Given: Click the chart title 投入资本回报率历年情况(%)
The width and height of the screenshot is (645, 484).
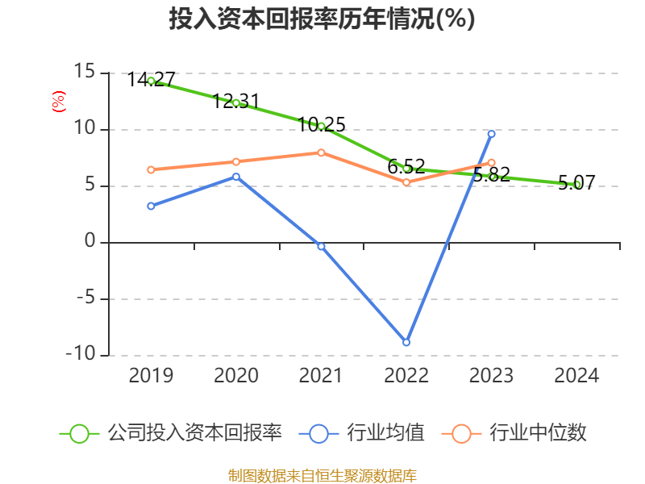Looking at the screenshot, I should pyautogui.click(x=322, y=19).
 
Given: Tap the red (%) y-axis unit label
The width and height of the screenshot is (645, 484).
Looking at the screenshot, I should pyautogui.click(x=58, y=102).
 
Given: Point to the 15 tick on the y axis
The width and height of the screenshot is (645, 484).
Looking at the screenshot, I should pyautogui.click(x=85, y=73).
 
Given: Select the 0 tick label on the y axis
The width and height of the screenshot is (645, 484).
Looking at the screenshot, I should pyautogui.click(x=89, y=242).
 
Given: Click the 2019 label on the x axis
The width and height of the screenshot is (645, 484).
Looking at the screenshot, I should pyautogui.click(x=151, y=376).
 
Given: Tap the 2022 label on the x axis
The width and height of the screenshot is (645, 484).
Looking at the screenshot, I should pyautogui.click(x=406, y=376).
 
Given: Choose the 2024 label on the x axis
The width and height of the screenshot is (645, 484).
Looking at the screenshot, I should pyautogui.click(x=577, y=376).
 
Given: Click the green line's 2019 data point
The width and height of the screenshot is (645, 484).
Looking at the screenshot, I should pyautogui.click(x=151, y=81).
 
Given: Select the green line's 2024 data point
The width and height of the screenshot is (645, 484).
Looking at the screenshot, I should pyautogui.click(x=577, y=185).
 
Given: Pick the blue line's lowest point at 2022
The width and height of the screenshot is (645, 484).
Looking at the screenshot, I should pyautogui.click(x=406, y=343).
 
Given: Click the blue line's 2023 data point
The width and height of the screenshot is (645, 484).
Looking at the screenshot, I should pyautogui.click(x=492, y=134).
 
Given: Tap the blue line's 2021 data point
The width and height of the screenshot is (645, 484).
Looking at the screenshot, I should pyautogui.click(x=321, y=246).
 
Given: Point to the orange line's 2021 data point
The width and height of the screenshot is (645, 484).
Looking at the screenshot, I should pyautogui.click(x=321, y=152).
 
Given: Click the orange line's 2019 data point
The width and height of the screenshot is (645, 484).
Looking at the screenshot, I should pyautogui.click(x=151, y=169).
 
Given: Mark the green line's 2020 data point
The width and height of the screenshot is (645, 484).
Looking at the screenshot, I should pyautogui.click(x=236, y=102).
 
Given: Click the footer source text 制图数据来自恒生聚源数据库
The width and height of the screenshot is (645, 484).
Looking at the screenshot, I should pyautogui.click(x=322, y=475).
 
